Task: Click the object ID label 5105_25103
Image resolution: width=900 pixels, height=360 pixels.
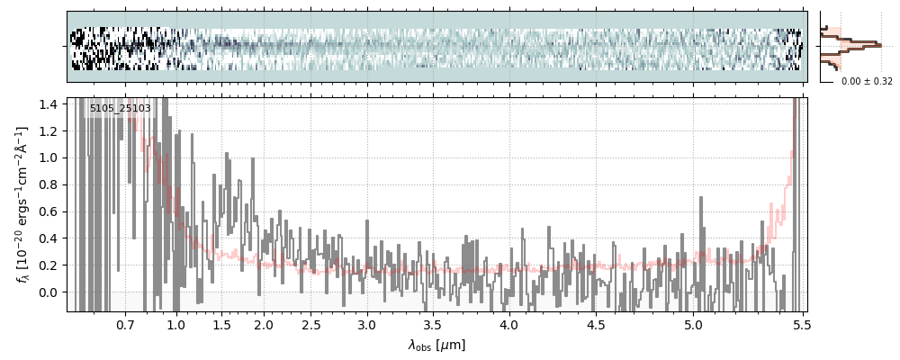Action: pyautogui.click(x=120, y=109)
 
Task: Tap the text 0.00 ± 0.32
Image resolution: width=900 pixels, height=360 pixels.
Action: pyautogui.click(x=867, y=81)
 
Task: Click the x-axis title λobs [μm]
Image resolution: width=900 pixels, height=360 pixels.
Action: pyautogui.click(x=436, y=344)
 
